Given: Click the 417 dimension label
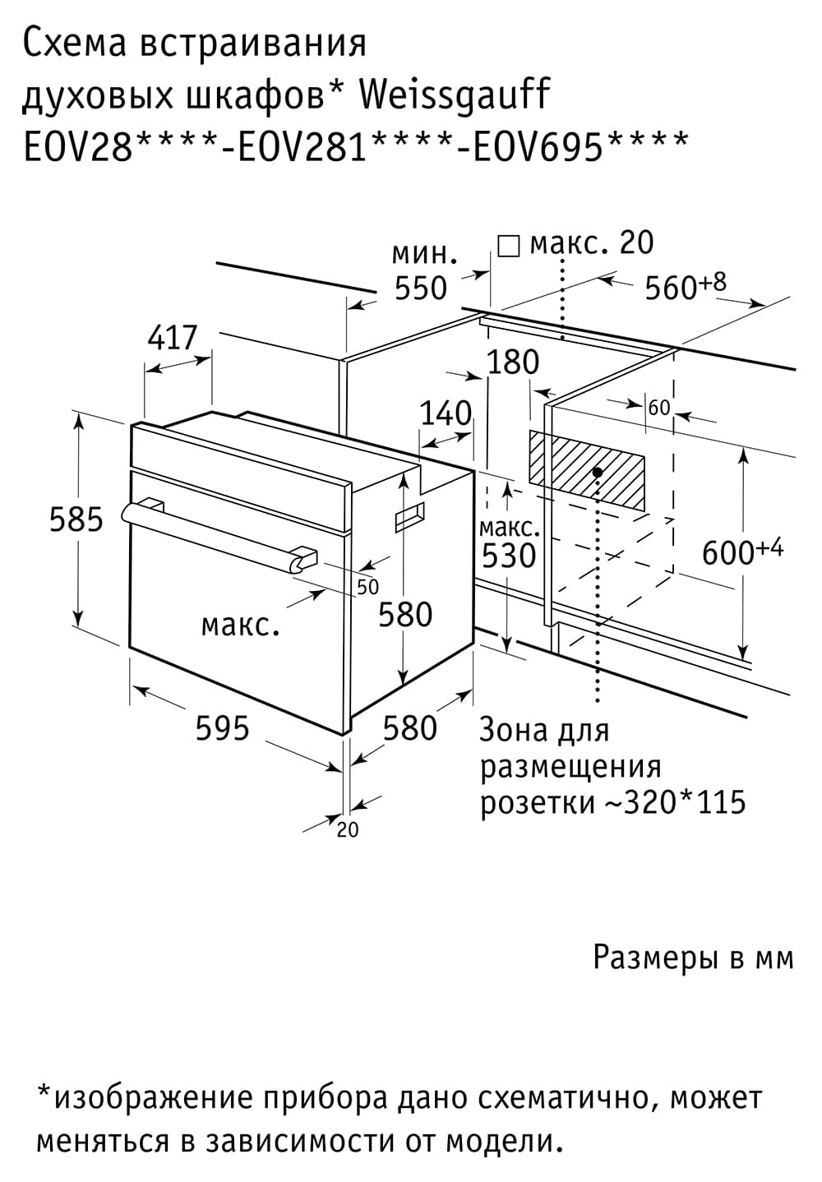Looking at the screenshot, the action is (172, 338).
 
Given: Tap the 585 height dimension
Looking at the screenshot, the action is (76, 519).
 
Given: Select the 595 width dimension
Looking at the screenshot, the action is (222, 729).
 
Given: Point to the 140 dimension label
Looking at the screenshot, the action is (446, 413).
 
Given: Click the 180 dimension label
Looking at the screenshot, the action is (513, 362).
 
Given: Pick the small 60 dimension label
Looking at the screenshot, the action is (658, 408).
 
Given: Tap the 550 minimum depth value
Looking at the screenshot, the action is (421, 289).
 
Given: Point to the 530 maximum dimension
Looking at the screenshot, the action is (509, 556).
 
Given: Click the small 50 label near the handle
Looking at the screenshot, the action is (367, 587).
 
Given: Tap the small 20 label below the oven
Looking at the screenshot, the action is (348, 830).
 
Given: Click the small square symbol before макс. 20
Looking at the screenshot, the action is (509, 246).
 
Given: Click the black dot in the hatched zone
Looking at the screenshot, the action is (598, 471).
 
